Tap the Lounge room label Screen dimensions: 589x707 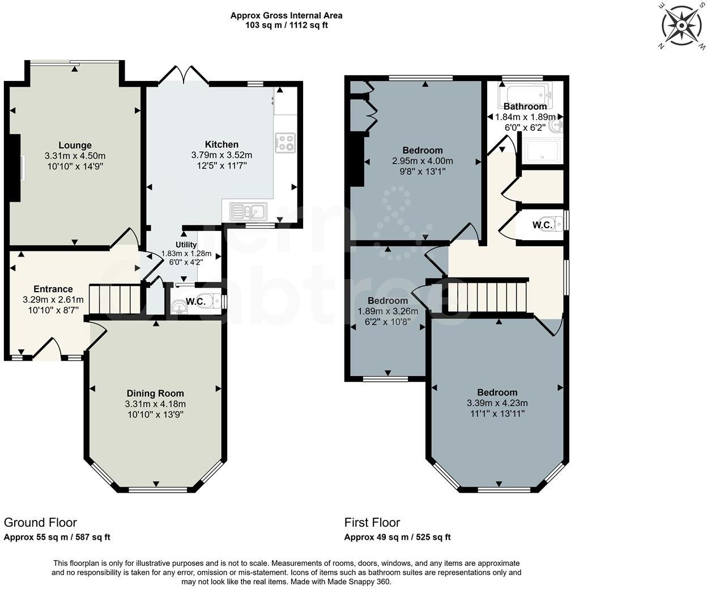(x=75, y=146)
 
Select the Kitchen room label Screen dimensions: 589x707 (x=222, y=144)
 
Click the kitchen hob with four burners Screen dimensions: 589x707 (x=285, y=142)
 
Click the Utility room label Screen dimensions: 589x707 (x=186, y=245)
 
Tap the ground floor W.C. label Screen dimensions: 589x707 (x=195, y=302)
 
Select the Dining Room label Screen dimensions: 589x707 (x=155, y=394)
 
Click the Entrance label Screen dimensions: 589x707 (x=53, y=289)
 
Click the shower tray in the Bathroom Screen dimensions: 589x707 (x=543, y=150)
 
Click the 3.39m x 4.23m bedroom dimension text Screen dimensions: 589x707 (x=497, y=403)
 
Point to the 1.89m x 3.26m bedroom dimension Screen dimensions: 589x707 (x=387, y=311)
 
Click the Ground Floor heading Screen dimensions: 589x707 (x=40, y=522)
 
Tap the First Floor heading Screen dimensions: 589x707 (x=372, y=522)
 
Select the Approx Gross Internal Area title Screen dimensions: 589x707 (x=286, y=15)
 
